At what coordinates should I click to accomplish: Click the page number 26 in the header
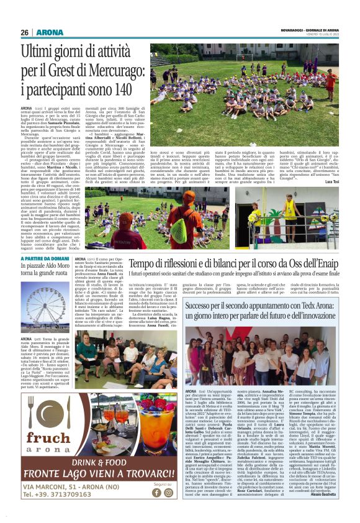coord(25,32)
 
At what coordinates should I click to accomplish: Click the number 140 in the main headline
coord(116,89)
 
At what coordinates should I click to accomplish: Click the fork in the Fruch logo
coord(32,409)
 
